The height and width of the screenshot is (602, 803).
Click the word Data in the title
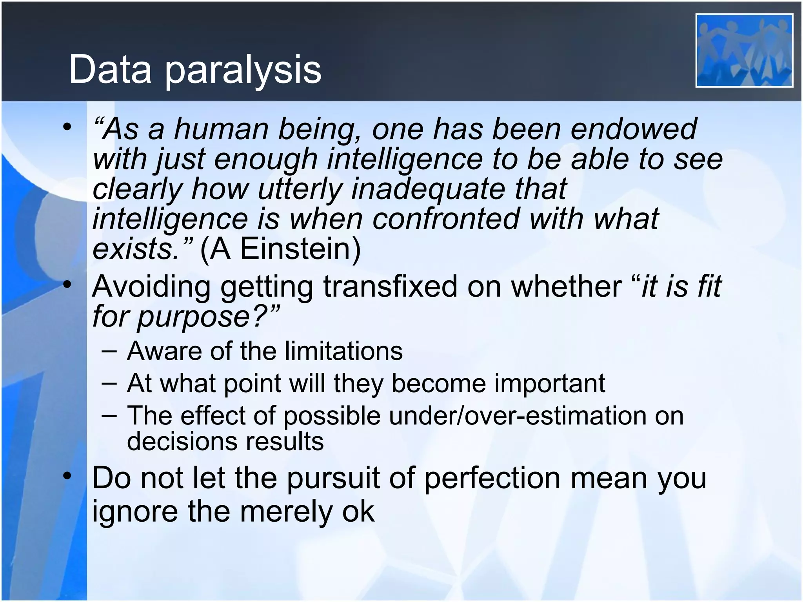pos(110,70)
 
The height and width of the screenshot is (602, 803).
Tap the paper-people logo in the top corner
pos(744,50)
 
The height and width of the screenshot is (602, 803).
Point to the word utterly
pos(300,189)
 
